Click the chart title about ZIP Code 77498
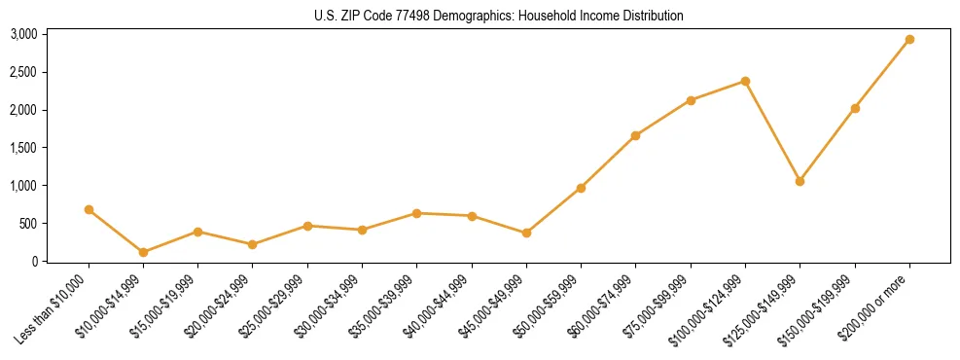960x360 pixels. [x=480, y=16]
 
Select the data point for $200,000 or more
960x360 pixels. [x=909, y=40]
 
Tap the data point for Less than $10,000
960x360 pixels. [x=89, y=209]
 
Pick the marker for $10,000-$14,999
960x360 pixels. [x=143, y=252]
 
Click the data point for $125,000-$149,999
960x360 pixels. [x=800, y=181]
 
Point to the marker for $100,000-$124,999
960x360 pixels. [x=745, y=81]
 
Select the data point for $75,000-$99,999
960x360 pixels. [x=691, y=100]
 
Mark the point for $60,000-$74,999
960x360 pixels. [x=635, y=135]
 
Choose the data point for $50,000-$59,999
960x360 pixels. [x=581, y=188]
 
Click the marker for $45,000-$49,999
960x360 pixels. [x=526, y=233]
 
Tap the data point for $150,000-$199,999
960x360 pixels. [x=855, y=108]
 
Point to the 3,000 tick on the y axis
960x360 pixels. [x=23, y=34]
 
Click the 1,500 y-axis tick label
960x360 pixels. [x=23, y=148]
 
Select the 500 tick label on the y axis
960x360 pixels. [x=28, y=224]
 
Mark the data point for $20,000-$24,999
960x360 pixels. [x=253, y=244]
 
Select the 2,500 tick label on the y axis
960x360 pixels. [x=23, y=72]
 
